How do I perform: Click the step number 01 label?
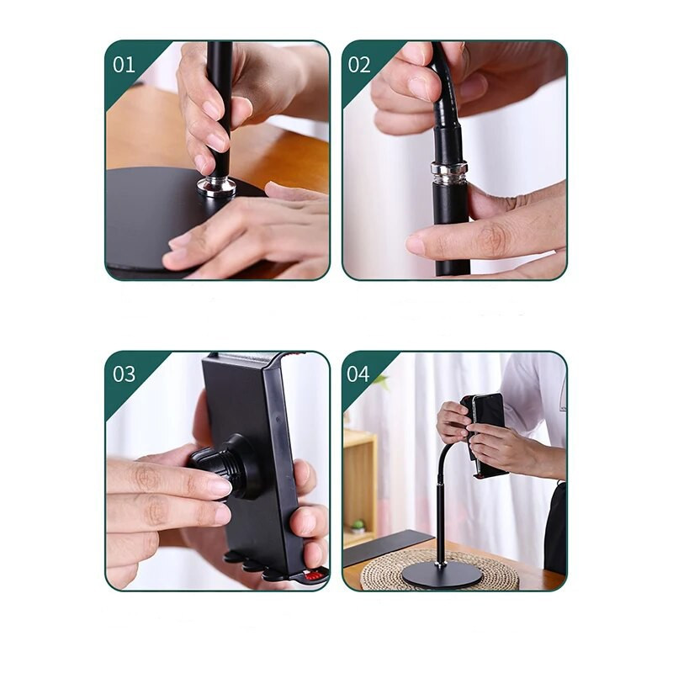point(124,65)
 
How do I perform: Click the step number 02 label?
point(359,65)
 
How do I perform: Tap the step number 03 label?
point(124,374)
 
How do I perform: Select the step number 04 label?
point(358,374)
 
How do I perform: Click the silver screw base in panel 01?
point(217,188)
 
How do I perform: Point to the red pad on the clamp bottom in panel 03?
point(315,575)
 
